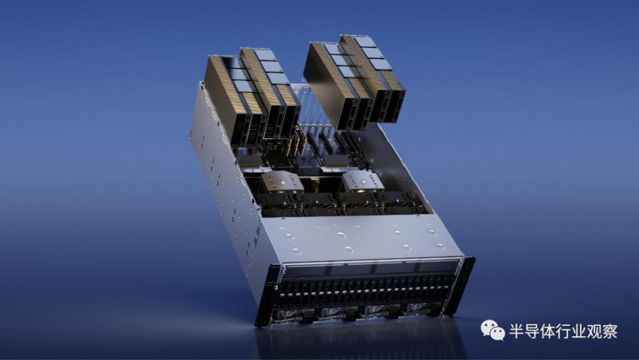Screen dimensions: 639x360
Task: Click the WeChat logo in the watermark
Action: [493, 330]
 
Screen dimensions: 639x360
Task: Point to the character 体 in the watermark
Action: [548, 331]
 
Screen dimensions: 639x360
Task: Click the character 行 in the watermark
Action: [563, 331]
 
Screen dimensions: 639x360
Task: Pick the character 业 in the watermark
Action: [579, 331]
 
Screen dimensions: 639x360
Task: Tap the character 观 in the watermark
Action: [595, 331]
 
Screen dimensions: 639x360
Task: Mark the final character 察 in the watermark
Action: [610, 331]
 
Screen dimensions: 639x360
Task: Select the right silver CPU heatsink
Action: [362, 181]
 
